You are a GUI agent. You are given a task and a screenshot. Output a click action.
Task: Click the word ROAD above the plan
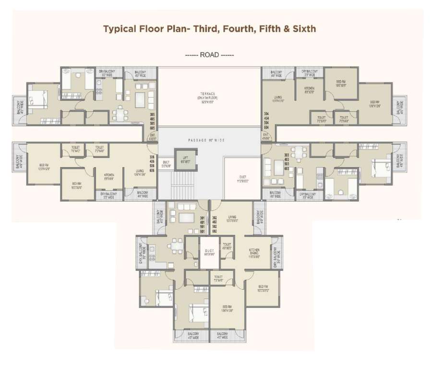pos(210,55)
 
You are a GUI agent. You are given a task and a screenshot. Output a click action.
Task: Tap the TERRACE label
pos(208,94)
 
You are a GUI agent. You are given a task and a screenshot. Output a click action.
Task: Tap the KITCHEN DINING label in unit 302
pos(254,253)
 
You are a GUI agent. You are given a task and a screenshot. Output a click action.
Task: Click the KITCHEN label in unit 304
pos(309,89)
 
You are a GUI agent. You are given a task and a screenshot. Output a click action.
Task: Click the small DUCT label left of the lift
pos(166,163)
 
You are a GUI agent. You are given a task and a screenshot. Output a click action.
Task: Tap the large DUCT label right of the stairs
pos(242,179)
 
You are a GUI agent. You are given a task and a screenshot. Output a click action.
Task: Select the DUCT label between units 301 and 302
pos(209,252)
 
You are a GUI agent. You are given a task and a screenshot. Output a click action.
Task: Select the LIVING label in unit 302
pos(233,219)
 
